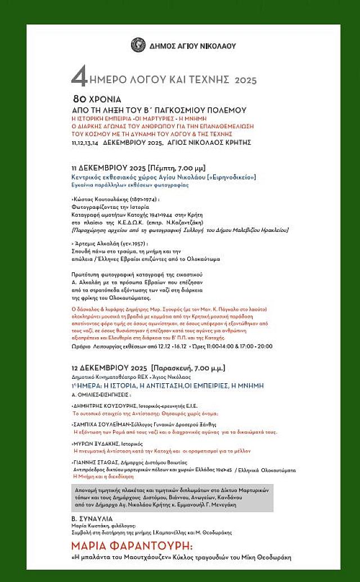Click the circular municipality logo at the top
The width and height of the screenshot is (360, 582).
pyautogui.click(x=138, y=45)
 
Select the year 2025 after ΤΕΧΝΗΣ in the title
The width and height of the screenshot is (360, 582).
pyautogui.click(x=245, y=80)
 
